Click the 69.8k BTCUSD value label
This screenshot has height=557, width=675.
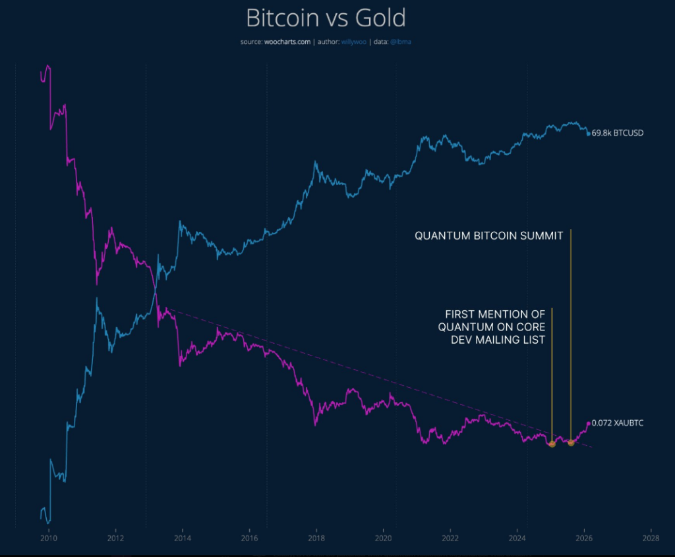pos(617,133)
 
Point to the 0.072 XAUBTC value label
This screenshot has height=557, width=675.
pos(617,423)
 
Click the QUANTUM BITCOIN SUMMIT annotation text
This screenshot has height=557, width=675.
pos(488,236)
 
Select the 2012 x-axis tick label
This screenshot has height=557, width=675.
pos(115,537)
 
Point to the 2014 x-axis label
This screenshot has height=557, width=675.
pos(183,537)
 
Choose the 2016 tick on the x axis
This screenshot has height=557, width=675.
pos(249,537)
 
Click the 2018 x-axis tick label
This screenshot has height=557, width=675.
pos(316,537)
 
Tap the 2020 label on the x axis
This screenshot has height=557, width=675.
pos(383,537)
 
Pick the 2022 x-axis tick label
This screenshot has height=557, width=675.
pos(450,537)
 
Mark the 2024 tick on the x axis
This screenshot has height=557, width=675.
pos(517,537)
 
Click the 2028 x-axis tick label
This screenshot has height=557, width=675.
pos(651,537)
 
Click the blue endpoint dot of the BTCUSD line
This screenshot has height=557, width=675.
pos(589,134)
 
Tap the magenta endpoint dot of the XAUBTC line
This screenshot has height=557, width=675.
pos(589,423)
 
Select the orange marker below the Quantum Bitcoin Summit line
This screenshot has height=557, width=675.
pos(571,442)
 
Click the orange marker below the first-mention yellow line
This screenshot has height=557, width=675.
pos(552,444)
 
